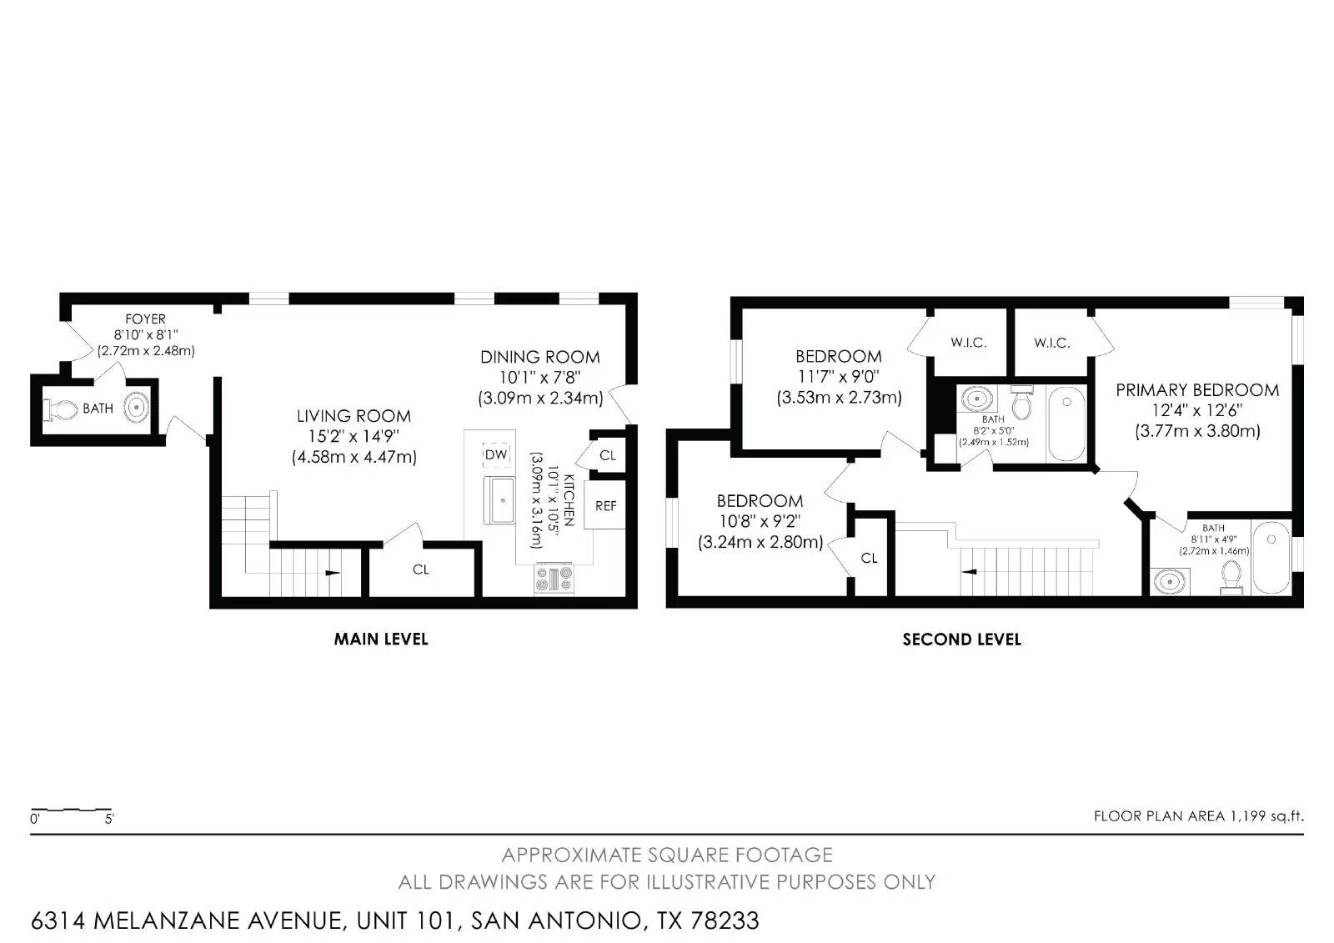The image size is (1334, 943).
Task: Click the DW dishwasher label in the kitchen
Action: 496,454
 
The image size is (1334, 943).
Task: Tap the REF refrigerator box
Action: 606,505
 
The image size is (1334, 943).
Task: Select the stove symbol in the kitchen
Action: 554,579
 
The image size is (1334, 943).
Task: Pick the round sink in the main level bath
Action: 137,409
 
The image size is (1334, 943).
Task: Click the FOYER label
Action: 145,319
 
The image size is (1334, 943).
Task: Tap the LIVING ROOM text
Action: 354,416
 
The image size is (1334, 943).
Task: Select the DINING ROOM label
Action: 539,357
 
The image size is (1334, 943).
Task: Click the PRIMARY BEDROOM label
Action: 1197,390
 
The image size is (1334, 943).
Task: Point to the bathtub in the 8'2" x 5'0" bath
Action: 1066,424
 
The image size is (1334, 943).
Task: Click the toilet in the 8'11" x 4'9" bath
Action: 1231,574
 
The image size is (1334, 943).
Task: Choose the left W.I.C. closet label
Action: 969,343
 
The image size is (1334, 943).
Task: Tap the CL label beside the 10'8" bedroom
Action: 870,558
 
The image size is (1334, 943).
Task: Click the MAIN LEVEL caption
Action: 381,640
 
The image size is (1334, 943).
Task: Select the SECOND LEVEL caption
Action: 961,640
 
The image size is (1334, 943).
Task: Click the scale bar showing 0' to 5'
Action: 71,810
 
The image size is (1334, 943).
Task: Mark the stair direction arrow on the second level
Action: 970,572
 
